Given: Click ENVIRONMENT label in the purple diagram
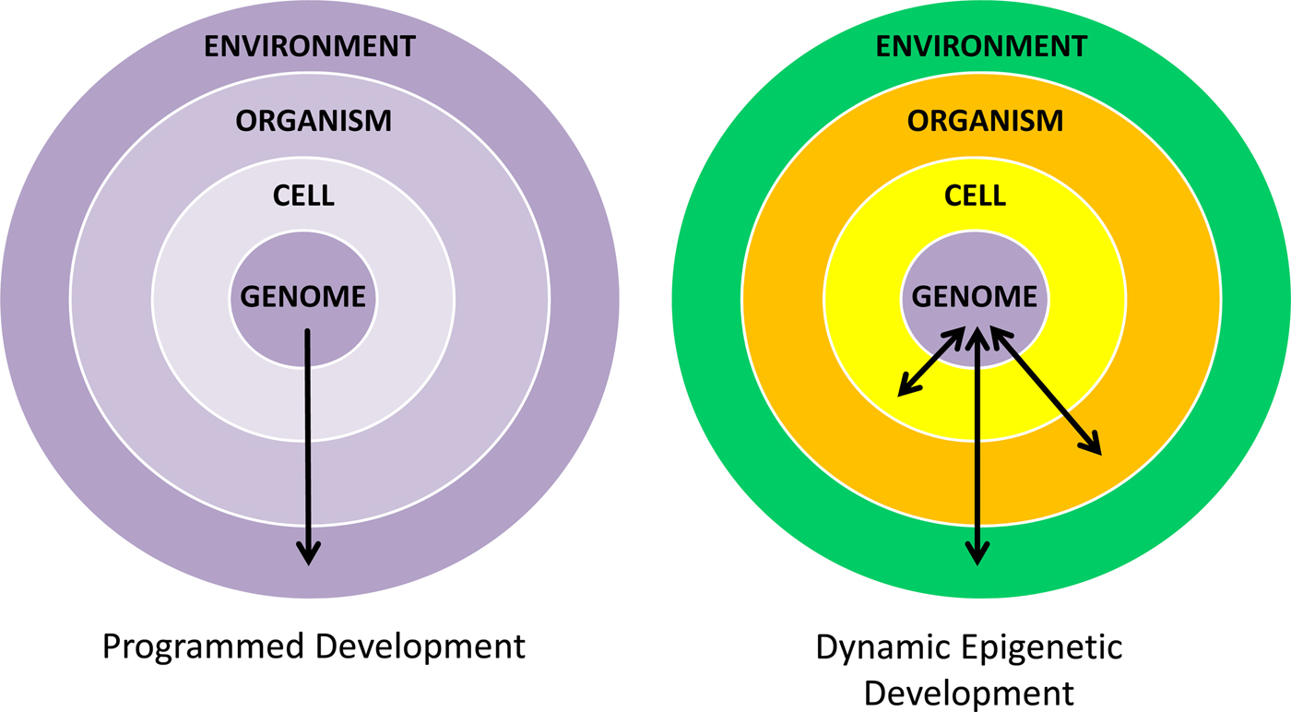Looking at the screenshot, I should coord(308,45).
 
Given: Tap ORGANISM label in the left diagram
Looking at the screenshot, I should coord(314,121).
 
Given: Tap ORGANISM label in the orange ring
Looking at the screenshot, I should coord(985,121).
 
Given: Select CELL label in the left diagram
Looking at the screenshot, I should coord(304,196).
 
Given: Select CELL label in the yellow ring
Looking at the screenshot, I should coord(976,196).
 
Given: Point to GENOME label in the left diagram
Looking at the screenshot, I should coord(303,297).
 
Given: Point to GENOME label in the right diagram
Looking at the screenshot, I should coord(975,297).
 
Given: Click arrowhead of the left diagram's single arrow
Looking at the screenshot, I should coord(308,553).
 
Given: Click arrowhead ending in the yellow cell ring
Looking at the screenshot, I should coord(907,388).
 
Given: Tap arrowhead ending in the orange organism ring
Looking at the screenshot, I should coord(1092,445).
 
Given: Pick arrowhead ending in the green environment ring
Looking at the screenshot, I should coord(977,552).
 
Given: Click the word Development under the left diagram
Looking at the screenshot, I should coord(420,647).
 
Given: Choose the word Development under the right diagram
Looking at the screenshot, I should coord(969,692).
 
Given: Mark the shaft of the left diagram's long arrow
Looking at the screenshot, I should coord(307,433).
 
